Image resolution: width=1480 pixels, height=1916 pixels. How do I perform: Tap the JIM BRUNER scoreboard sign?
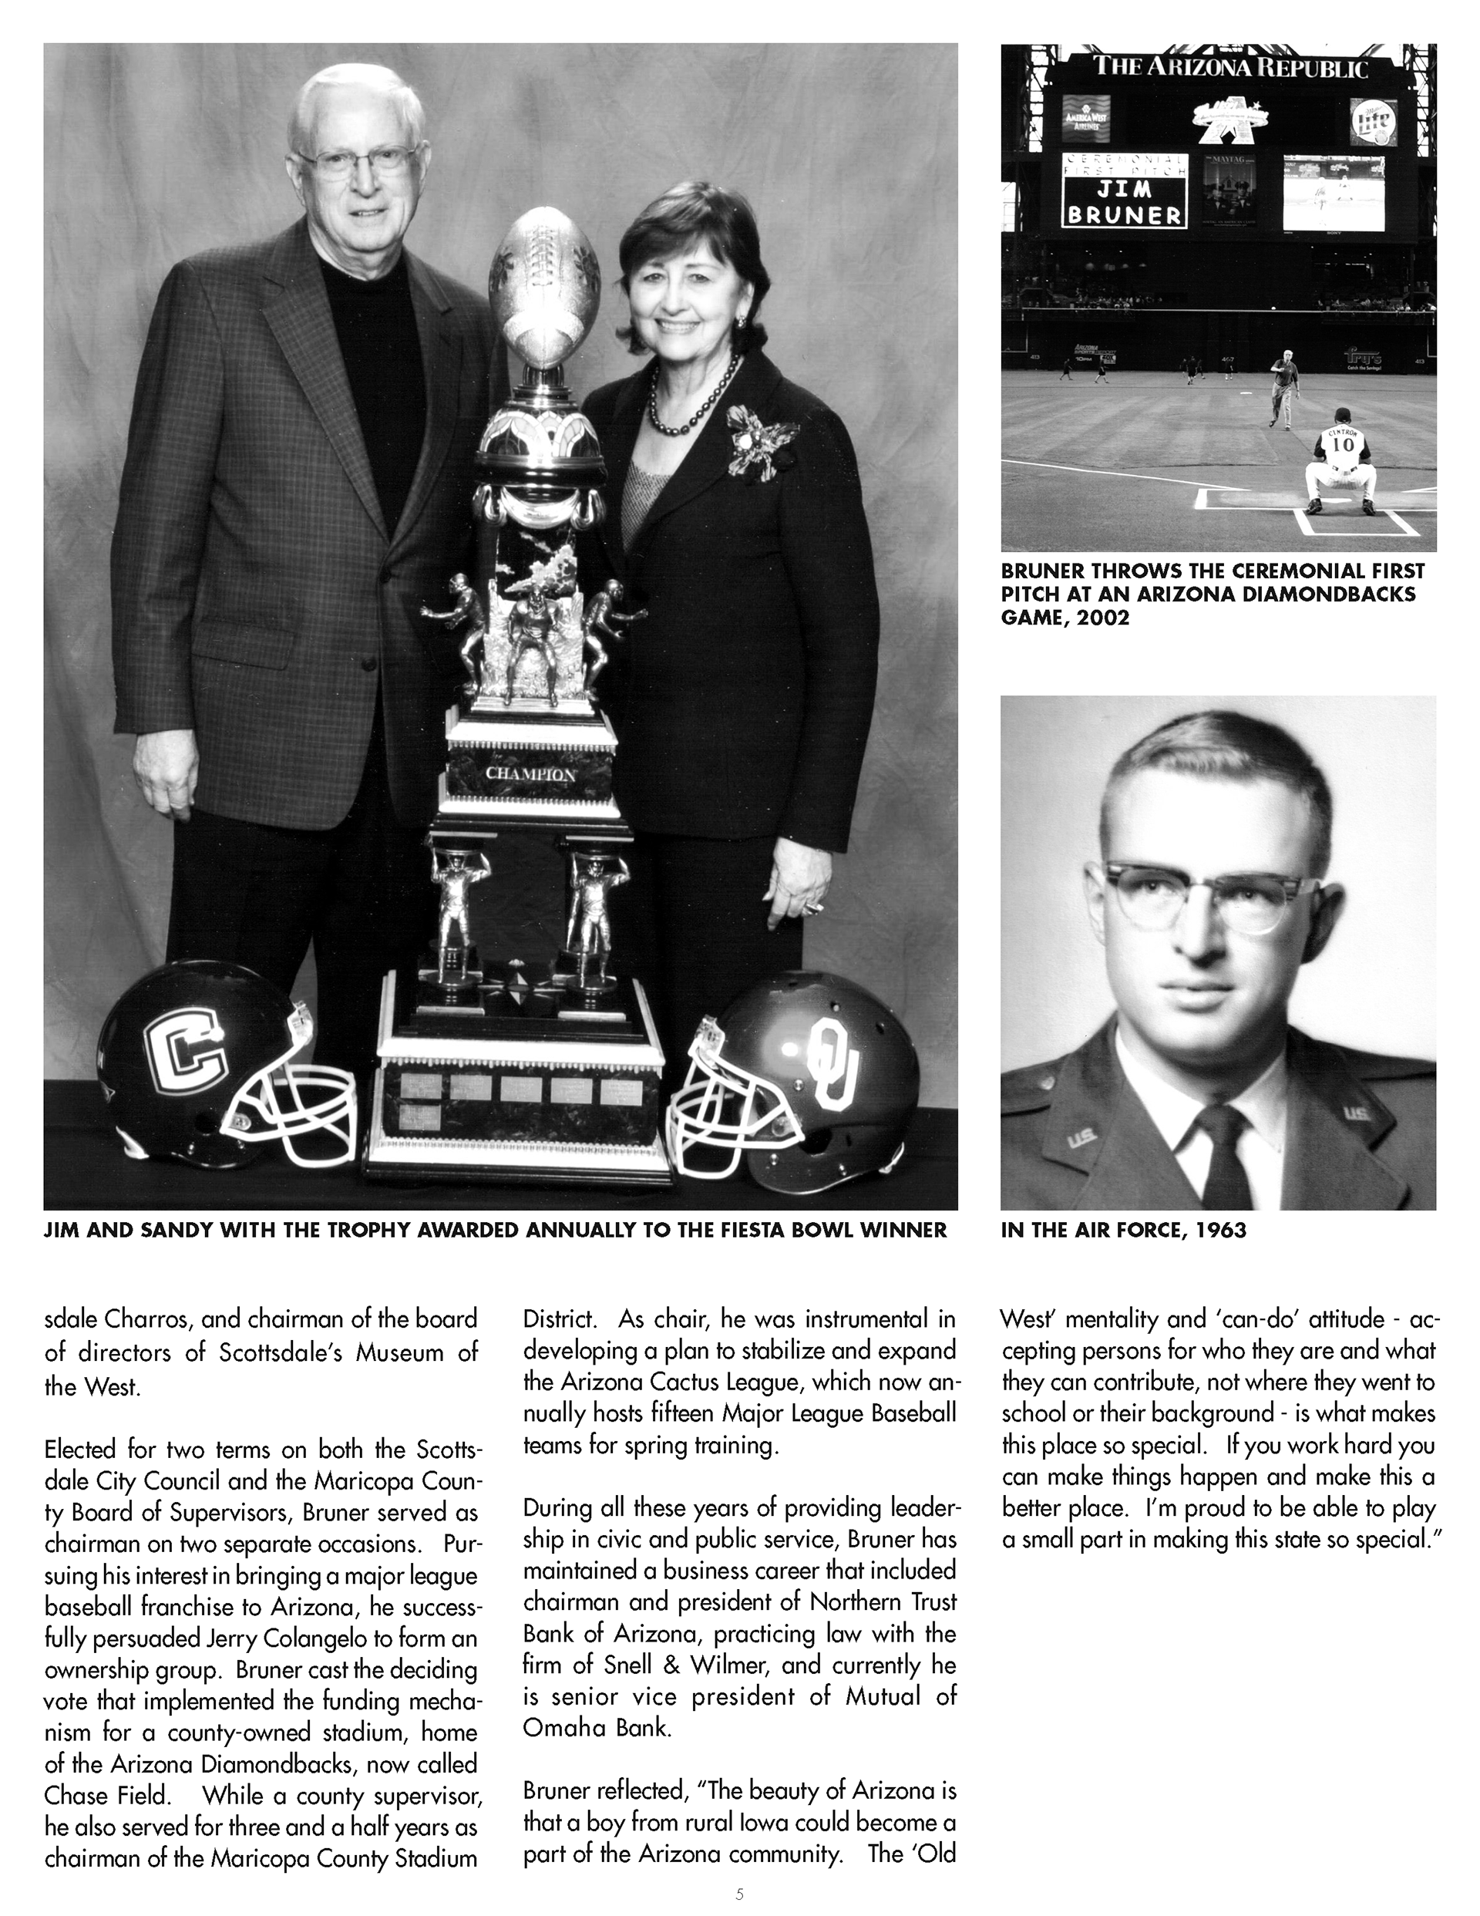pos(1124,202)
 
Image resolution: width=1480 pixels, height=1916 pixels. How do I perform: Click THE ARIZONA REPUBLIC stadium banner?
pos(1230,68)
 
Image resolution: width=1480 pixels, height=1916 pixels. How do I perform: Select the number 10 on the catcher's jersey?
pos(1342,444)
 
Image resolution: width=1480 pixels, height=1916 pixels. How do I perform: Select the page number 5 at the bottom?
pos(738,1893)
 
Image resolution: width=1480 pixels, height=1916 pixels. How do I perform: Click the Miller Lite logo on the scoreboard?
pos(1373,120)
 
